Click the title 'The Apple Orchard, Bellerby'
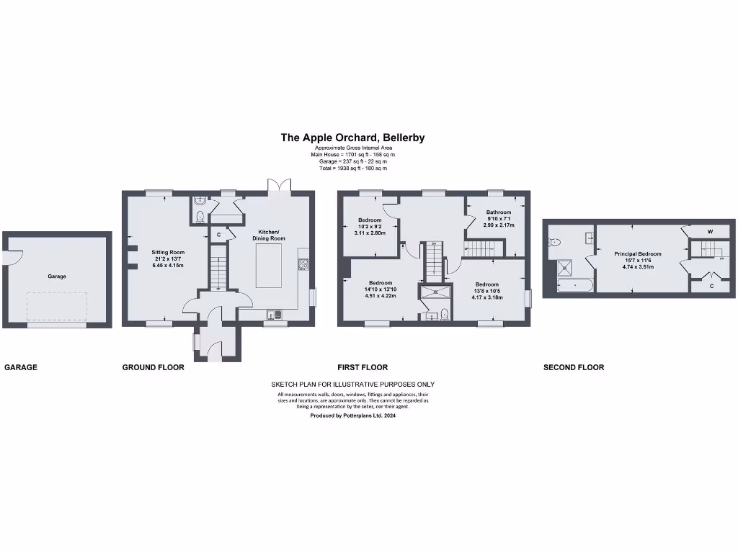pos(352,137)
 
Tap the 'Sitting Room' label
pos(168,253)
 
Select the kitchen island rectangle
pos(269,265)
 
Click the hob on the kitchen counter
pos(303,264)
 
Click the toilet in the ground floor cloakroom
pos(200,217)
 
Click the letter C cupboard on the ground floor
pos(218,235)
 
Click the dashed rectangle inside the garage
pos(57,307)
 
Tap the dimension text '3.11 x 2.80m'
pos(369,233)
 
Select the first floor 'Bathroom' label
pos(498,212)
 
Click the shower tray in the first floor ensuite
pos(435,292)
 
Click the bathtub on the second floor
pos(574,286)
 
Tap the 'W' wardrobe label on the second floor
pos(710,232)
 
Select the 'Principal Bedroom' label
pos(637,253)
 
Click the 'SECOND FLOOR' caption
pos(573,367)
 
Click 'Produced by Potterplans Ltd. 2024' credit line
pos(352,415)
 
